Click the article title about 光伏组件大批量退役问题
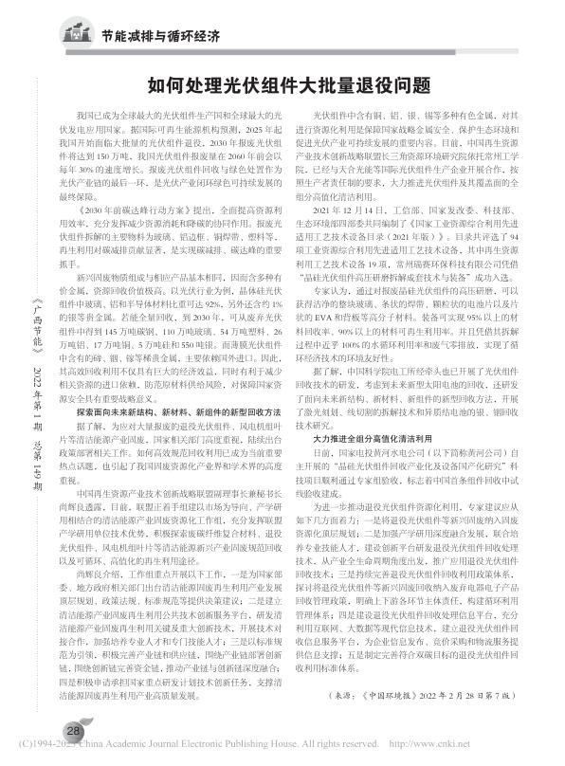coord(282,86)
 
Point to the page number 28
coord(72,730)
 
